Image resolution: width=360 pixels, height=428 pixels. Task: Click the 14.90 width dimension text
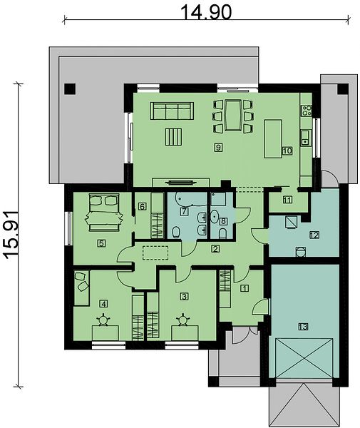pyautogui.click(x=206, y=12)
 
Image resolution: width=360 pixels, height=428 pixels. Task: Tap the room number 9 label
pyautogui.click(x=218, y=148)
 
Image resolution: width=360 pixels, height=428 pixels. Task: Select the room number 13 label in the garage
pyautogui.click(x=303, y=326)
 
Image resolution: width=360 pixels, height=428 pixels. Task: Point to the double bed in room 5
pyautogui.click(x=104, y=212)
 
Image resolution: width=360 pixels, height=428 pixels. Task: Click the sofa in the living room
pyautogui.click(x=172, y=111)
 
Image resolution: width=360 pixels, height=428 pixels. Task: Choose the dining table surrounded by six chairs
pyautogui.click(x=232, y=115)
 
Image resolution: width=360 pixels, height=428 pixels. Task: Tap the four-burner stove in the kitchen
pyautogui.click(x=307, y=111)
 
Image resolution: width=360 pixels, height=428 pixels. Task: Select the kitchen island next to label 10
pyautogui.click(x=273, y=139)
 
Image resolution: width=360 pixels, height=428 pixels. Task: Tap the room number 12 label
pyautogui.click(x=314, y=235)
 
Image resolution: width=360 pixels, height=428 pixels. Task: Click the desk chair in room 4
pyautogui.click(x=104, y=320)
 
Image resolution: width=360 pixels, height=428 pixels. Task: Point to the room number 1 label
pyautogui.click(x=245, y=288)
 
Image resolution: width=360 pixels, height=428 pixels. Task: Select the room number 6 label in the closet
pyautogui.click(x=142, y=206)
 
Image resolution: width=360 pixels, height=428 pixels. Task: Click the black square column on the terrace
pyautogui.click(x=70, y=89)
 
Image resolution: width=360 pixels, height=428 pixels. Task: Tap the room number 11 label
pyautogui.click(x=287, y=200)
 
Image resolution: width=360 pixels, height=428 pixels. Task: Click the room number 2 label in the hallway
pyautogui.click(x=215, y=248)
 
